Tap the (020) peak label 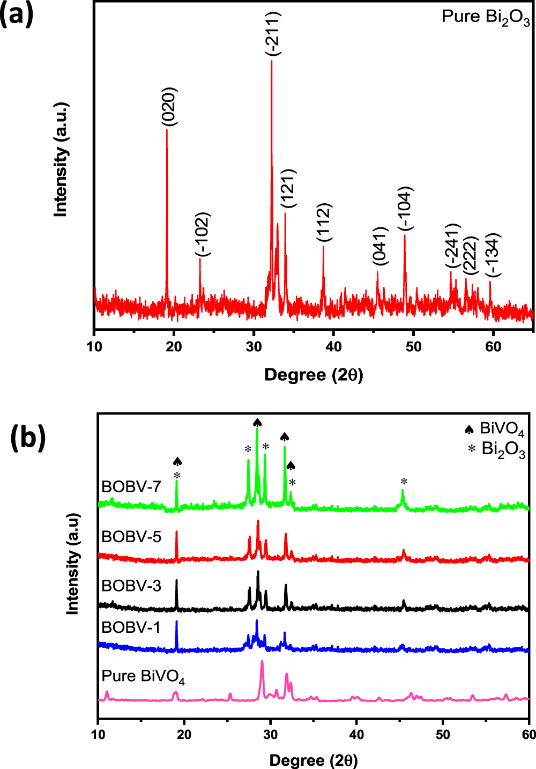click(169, 107)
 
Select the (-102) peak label click(203, 235)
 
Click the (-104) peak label click(405, 210)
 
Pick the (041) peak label click(379, 246)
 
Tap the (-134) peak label click(493, 255)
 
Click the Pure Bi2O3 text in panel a click(486, 17)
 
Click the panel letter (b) click(28, 438)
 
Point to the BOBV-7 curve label click(131, 487)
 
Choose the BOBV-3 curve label click(131, 586)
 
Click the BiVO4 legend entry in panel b click(494, 429)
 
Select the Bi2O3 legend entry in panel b click(496, 449)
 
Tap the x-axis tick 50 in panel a click(413, 346)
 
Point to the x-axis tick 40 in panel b click(356, 734)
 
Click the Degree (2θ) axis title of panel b click(314, 760)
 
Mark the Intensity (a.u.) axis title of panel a click(61, 159)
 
